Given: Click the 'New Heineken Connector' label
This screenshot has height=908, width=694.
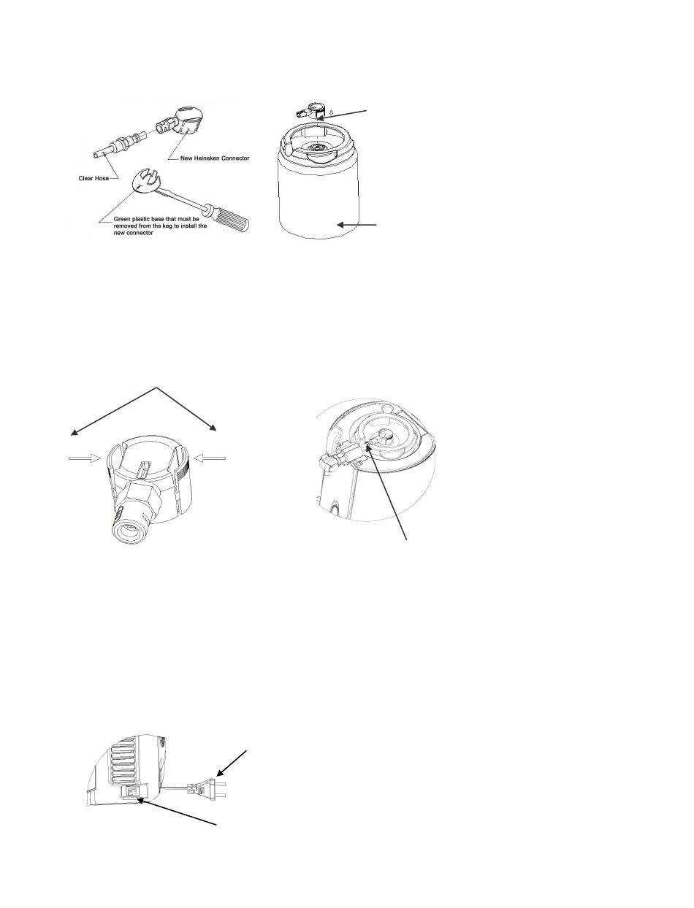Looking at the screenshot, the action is click(215, 158).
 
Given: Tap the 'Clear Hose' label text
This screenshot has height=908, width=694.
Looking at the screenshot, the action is click(94, 178).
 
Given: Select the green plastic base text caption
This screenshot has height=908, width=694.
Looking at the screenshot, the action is click(160, 226).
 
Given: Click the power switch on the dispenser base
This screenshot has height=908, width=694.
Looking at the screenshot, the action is click(132, 792).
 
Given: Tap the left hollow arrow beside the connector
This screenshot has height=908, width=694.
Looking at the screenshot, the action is click(85, 458).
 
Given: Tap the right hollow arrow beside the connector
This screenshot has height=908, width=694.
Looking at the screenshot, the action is click(210, 458).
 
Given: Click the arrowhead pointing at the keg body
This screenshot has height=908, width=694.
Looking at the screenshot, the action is click(341, 225).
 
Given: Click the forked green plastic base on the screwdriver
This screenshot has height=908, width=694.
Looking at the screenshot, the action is click(145, 181).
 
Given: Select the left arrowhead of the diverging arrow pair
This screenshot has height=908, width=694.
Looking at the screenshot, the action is click(74, 432).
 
